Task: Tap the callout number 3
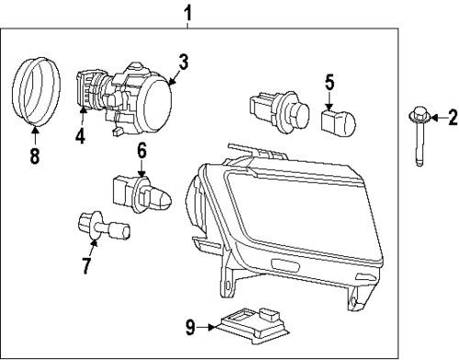(184, 62)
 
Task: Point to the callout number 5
(330, 81)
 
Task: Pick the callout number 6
(142, 149)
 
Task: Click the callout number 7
(87, 267)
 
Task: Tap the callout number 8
(34, 156)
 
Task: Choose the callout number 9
(190, 325)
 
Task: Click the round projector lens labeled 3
(158, 96)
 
